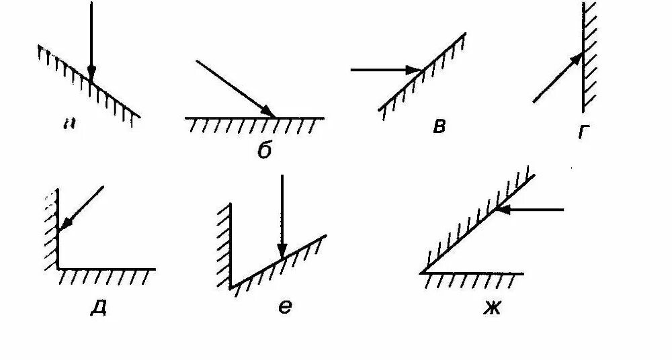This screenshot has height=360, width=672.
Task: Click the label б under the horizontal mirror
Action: click(264, 150)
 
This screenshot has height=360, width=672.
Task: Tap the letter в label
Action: click(439, 126)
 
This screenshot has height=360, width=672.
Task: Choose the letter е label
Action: click(284, 306)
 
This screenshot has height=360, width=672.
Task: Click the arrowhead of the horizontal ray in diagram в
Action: click(415, 69)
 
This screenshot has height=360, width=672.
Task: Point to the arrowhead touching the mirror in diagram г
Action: click(577, 58)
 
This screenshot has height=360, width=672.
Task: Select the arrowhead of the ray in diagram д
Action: click(65, 224)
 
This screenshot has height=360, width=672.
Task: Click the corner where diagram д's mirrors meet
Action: click(58, 269)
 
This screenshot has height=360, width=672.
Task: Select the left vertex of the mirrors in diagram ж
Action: click(422, 273)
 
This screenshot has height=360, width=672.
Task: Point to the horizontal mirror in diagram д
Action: click(108, 269)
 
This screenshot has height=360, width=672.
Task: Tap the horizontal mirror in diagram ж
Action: click(474, 273)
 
